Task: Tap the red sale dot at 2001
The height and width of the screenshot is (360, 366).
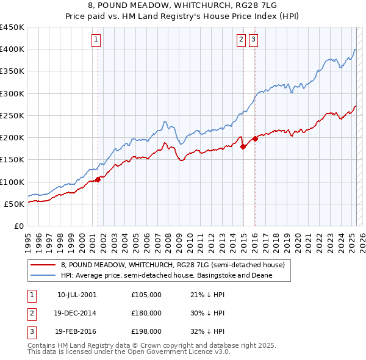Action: pos(98,179)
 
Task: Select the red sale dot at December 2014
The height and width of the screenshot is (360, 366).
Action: pos(243,146)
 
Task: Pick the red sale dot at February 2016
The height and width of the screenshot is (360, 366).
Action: pos(256,139)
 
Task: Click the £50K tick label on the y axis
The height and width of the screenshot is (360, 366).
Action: pos(15,204)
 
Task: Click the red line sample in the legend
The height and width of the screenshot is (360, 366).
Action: pos(43,265)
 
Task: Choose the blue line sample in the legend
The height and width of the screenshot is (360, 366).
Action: pos(43,275)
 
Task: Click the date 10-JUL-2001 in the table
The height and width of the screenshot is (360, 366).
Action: pos(76,295)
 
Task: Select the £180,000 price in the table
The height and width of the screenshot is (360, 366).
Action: pos(146,313)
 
